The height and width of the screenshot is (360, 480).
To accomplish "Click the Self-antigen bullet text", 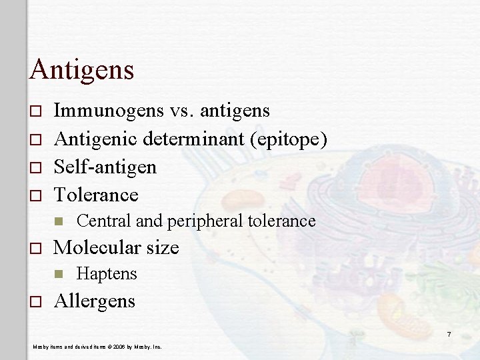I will (105, 167).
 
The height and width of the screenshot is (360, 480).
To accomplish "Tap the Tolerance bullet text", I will (96, 195).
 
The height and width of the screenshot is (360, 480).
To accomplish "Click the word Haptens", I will (107, 273).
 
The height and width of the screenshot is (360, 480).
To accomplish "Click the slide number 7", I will (449, 334).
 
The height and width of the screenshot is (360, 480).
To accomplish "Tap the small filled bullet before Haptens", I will (59, 274).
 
